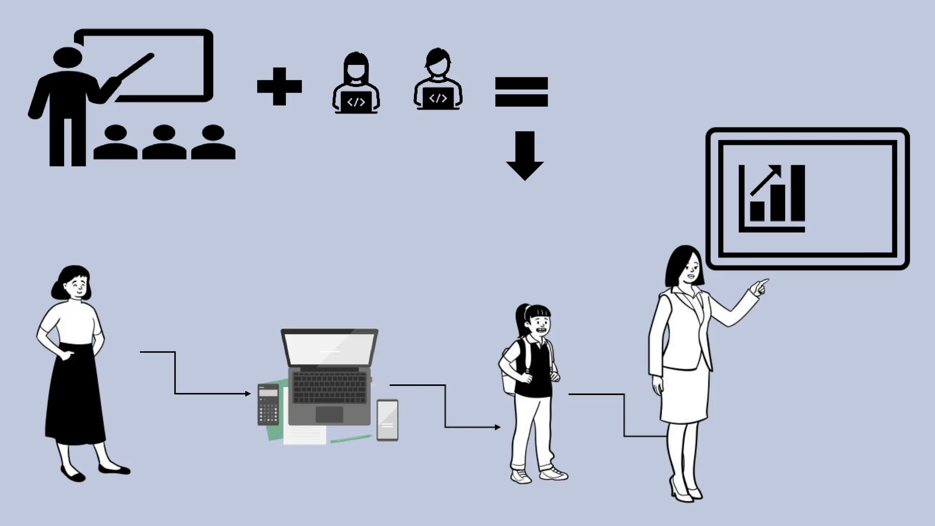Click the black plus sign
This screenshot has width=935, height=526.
pos(279,86)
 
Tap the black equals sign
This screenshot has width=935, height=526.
pos(521,92)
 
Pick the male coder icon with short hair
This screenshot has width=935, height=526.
pos(438,80)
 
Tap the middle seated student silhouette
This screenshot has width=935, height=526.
pos(164,143)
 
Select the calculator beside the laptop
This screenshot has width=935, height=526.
pos(268,405)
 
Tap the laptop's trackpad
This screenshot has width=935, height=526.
pos(329,414)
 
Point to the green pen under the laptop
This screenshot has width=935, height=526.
pos(351,439)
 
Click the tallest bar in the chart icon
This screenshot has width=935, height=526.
pos(798,193)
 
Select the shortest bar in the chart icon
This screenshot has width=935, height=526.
pos(757,210)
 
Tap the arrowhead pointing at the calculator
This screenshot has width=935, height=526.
pos(248,394)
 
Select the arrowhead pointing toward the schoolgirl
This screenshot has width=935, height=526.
pos(498,427)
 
